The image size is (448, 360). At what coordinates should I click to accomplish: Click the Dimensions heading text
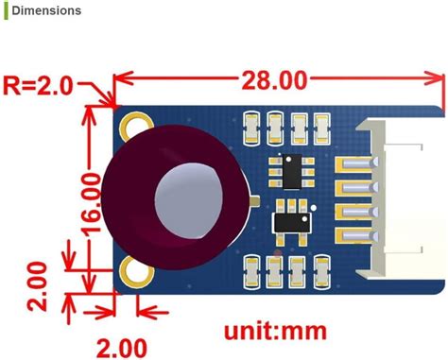[x=46, y=11]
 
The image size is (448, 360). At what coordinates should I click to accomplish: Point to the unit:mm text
[x=276, y=332]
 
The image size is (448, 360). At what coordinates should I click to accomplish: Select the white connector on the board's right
[x=406, y=199]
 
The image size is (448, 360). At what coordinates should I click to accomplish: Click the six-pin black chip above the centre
[x=289, y=172]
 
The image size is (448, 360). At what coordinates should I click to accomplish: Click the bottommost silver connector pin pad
[x=352, y=232]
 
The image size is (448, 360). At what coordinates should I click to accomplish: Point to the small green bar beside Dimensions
[x=3, y=11]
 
